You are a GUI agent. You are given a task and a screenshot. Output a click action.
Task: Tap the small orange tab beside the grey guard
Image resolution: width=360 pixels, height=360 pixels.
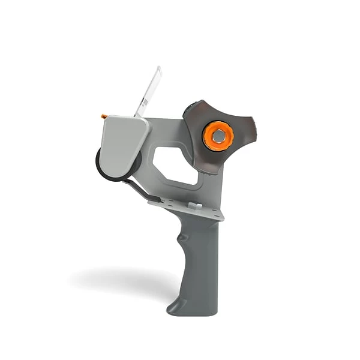tap(104, 116)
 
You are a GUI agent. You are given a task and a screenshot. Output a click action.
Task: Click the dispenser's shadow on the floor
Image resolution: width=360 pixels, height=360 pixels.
tap(120, 279)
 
